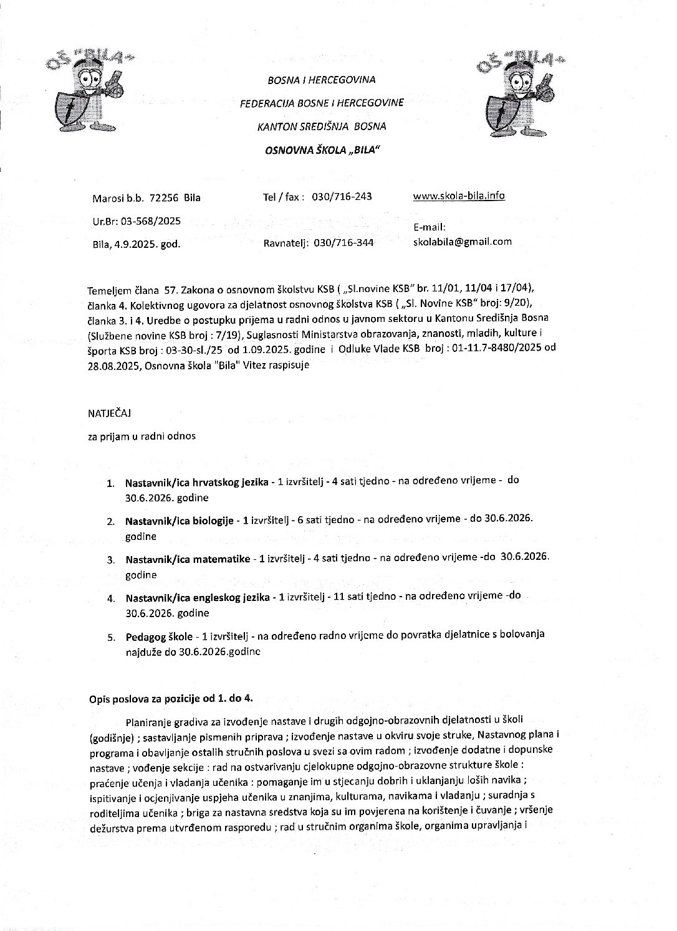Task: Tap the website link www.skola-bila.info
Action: (x=459, y=196)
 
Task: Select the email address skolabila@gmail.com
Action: (x=462, y=242)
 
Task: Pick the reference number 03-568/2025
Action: (x=149, y=220)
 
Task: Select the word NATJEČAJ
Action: (x=111, y=412)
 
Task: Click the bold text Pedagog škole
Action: (x=158, y=636)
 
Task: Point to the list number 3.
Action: (x=110, y=559)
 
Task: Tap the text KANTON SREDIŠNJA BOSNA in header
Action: (x=322, y=126)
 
